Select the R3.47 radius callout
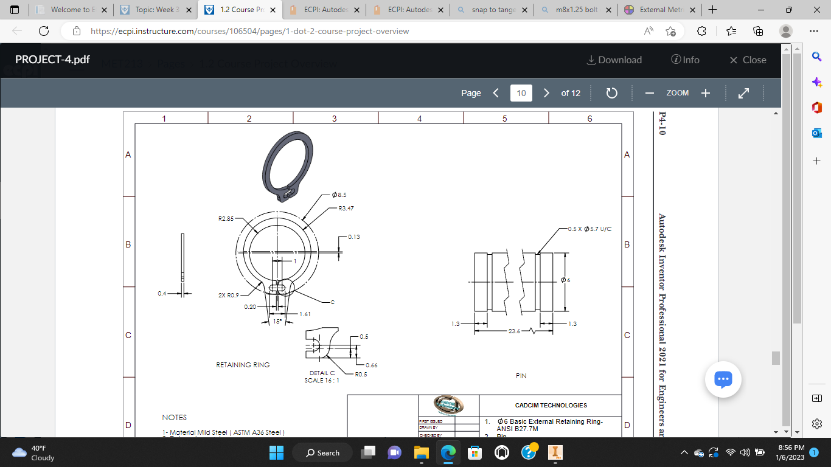click(346, 208)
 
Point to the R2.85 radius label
click(226, 217)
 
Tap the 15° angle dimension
click(277, 322)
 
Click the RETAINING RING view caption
click(243, 365)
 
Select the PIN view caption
click(521, 376)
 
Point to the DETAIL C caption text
click(322, 373)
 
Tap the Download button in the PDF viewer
click(614, 60)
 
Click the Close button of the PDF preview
click(748, 60)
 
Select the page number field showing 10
click(521, 93)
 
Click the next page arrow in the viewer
click(546, 93)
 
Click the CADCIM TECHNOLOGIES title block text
click(551, 405)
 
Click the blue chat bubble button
click(722, 379)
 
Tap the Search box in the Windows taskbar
click(322, 452)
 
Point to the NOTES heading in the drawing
click(174, 418)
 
